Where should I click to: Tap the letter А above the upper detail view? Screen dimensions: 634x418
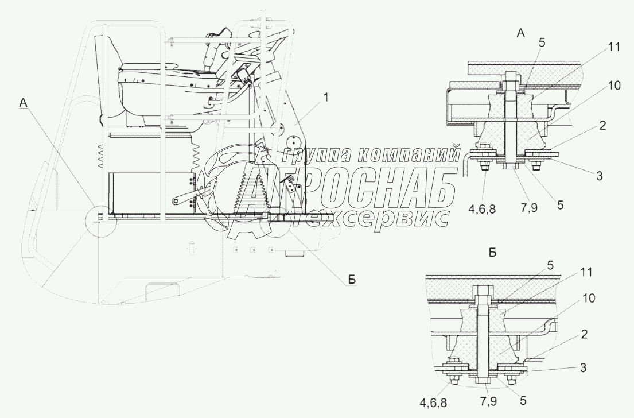521,33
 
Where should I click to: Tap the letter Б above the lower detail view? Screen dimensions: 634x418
492,253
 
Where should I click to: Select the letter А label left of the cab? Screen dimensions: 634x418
24,103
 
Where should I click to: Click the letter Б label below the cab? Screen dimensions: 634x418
352,280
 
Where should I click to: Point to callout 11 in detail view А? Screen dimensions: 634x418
614,47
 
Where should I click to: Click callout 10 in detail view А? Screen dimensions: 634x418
614,86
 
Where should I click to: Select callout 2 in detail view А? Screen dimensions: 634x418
602,125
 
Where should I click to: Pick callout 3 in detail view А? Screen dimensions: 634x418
600,176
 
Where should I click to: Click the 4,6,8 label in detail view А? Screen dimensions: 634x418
482,209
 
